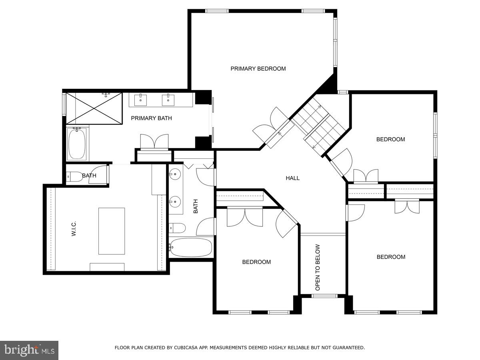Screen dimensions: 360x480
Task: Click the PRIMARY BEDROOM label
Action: (x=258, y=69)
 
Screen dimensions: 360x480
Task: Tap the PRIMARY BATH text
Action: (x=152, y=118)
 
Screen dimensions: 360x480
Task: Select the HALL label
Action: (x=292, y=178)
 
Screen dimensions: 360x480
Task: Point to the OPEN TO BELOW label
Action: (x=318, y=268)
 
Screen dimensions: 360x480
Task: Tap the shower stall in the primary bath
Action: (x=94, y=108)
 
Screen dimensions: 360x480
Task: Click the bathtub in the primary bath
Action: (x=77, y=144)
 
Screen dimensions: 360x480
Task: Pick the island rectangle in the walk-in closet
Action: (x=112, y=231)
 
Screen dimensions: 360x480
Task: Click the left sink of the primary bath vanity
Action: (x=140, y=100)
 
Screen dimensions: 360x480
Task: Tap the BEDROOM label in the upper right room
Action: (x=390, y=140)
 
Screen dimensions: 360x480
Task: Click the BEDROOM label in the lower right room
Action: (x=391, y=257)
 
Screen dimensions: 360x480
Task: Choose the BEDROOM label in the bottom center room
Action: (x=256, y=262)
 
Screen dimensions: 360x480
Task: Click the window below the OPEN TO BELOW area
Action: (x=324, y=296)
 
